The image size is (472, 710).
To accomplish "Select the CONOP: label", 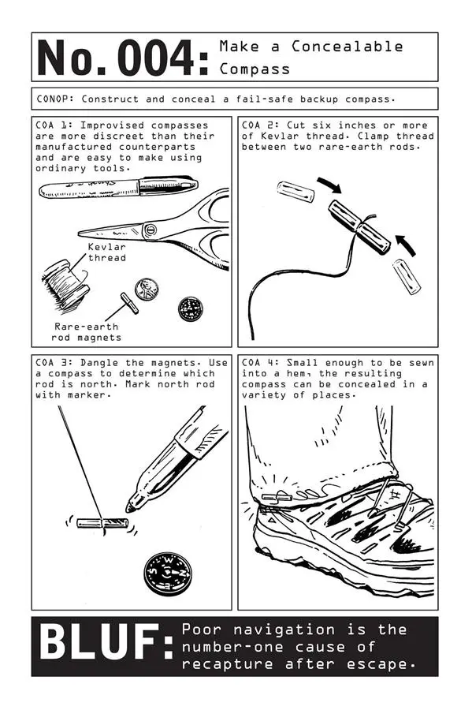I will coord(56,99).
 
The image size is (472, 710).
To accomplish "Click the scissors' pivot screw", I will coord(150,230).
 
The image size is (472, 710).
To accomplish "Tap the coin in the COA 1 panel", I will coord(147,289).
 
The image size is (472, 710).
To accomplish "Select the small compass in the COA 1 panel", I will coord(190,308).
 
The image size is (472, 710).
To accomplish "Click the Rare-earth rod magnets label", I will coord(87,332).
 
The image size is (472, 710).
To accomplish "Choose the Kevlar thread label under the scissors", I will coord(106,252).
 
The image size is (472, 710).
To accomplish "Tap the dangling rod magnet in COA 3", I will coord(102,522).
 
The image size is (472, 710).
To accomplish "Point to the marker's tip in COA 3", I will coord(131,506).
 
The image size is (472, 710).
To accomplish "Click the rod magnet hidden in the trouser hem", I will coord(277,498).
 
